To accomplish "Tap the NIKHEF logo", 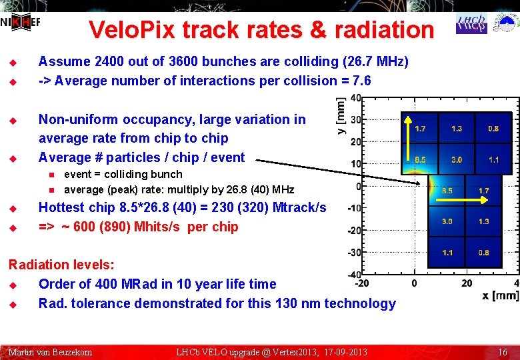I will click(x=20, y=23).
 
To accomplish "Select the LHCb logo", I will click(x=471, y=23).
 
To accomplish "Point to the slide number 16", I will click(x=503, y=351).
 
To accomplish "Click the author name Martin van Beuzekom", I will click(x=50, y=351).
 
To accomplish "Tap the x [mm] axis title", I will click(x=500, y=295).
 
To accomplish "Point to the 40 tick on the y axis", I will click(x=356, y=98).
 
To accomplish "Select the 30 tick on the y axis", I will click(x=356, y=120).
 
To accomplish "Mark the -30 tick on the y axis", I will click(x=355, y=252).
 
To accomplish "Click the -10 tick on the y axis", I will click(x=355, y=208).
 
